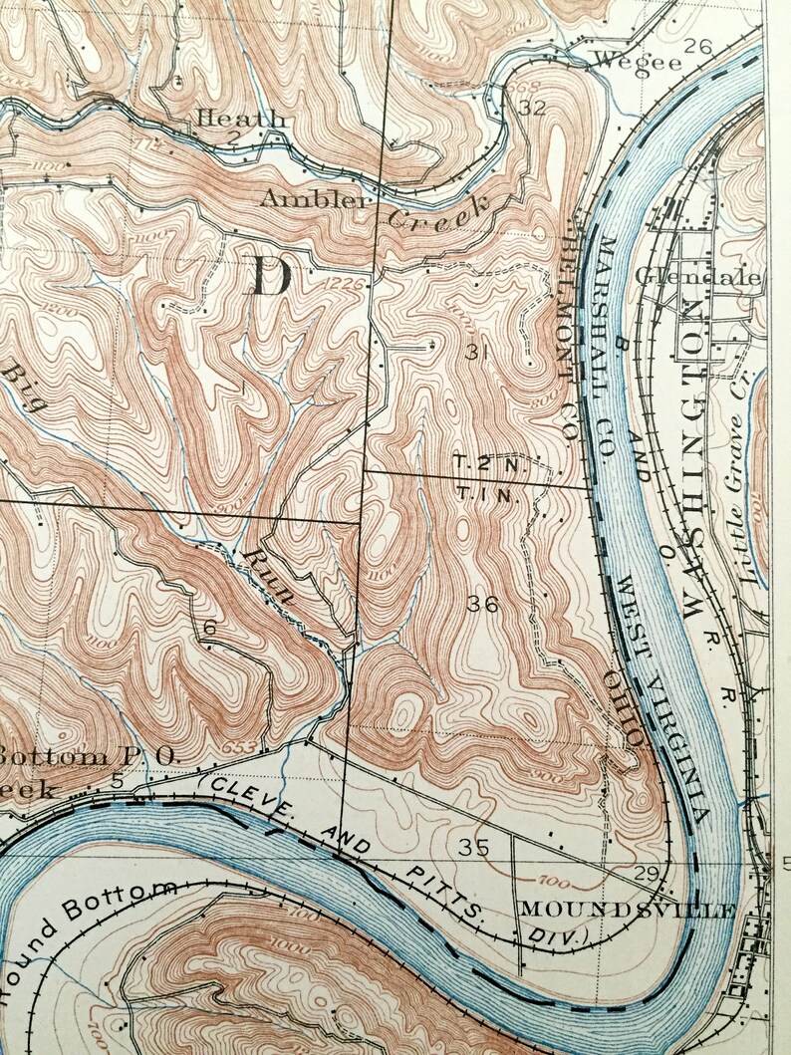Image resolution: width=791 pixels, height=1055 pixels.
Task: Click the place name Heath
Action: [242, 119]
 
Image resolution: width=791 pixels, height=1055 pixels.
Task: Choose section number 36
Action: [482, 604]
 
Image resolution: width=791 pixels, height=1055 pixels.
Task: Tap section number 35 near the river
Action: [475, 848]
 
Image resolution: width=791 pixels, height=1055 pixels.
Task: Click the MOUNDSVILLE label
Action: [627, 910]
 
